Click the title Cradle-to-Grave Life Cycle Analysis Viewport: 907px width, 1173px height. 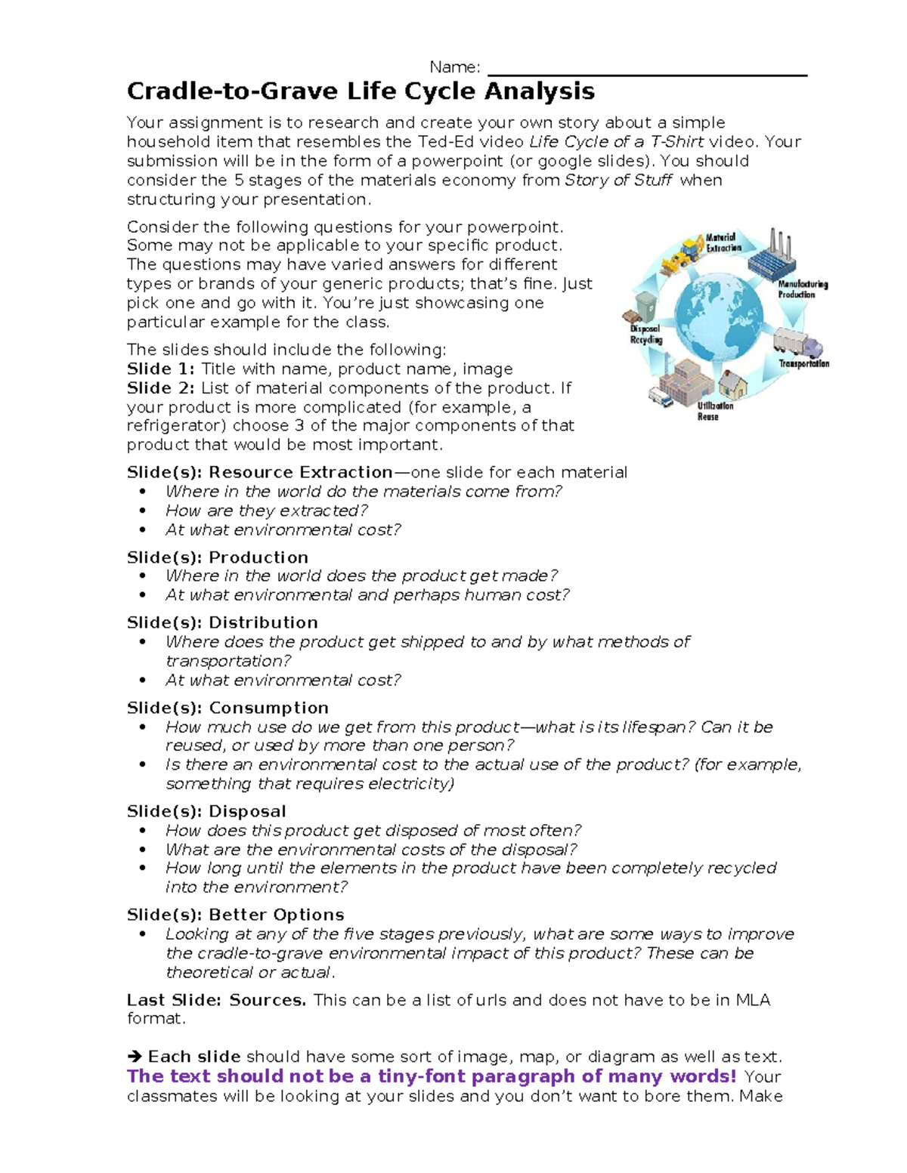[x=361, y=91]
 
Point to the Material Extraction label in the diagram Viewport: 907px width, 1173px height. [x=724, y=242]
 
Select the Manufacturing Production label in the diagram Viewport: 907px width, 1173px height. [x=802, y=289]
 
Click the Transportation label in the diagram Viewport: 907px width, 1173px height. [x=803, y=364]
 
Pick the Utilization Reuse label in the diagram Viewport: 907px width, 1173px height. [x=714, y=411]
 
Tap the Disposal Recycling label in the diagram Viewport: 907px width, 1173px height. [x=646, y=335]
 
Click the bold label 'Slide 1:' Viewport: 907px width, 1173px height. [x=160, y=369]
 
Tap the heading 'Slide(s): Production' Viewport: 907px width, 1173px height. [x=218, y=557]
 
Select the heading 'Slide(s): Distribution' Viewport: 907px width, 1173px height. [x=222, y=623]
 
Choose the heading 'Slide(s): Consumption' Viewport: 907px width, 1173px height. [x=228, y=708]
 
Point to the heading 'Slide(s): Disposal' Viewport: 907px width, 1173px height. [x=206, y=812]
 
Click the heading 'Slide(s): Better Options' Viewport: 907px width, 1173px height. [x=235, y=915]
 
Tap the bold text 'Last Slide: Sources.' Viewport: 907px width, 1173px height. [x=216, y=1001]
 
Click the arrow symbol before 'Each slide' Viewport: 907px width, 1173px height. [x=135, y=1057]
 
